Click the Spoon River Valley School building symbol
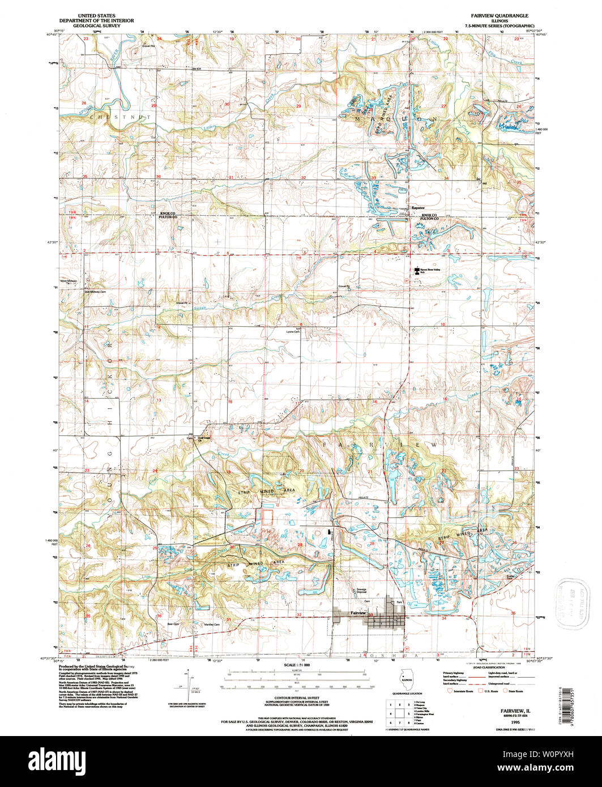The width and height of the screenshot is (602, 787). coord(417,271)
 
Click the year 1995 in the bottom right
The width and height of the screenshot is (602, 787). coord(515,723)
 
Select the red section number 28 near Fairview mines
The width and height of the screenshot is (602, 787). coord(300,545)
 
